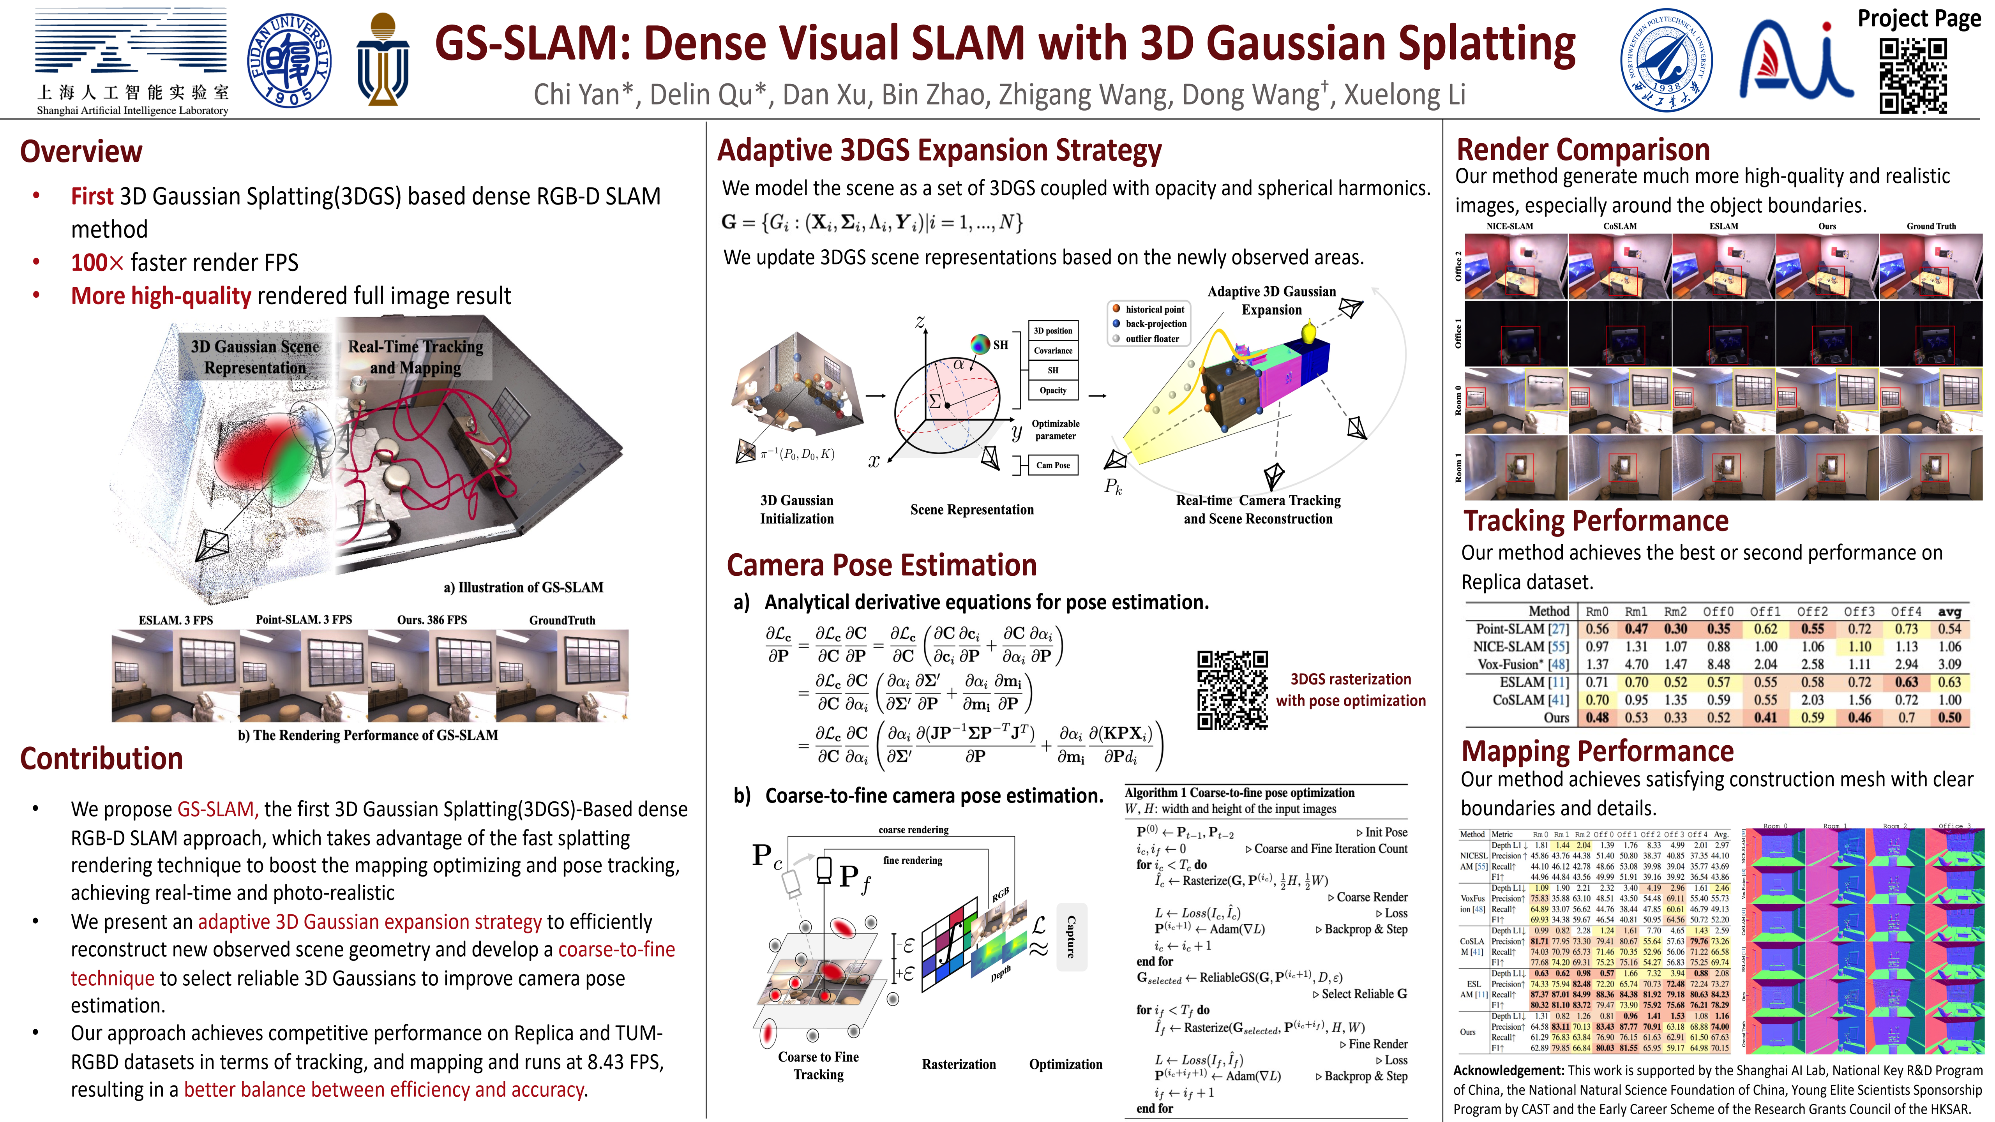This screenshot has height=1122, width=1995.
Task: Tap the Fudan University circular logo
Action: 289,60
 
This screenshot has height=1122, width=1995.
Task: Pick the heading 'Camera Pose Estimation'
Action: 881,565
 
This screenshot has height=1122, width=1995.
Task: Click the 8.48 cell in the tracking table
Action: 1718,664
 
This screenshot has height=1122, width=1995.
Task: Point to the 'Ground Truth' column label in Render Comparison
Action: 1931,226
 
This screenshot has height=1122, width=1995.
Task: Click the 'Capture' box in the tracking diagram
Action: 1071,937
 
